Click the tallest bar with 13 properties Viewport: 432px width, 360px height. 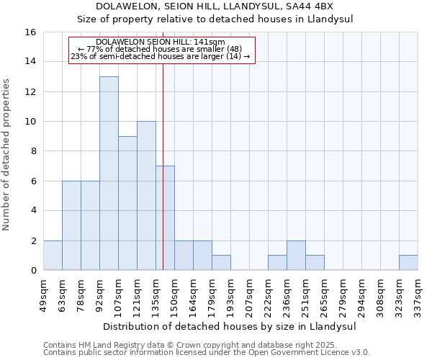coord(109,173)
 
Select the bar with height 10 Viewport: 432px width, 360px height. coord(146,195)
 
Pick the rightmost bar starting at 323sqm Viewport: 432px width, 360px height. coord(408,263)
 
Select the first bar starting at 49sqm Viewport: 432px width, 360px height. coord(53,256)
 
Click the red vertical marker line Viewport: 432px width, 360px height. coord(163,144)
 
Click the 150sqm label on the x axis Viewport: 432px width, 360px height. coord(174,295)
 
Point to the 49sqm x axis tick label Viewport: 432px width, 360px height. coord(43,295)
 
